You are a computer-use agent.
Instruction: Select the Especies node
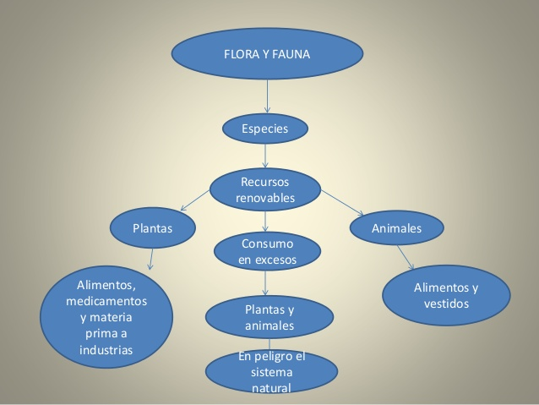(265, 129)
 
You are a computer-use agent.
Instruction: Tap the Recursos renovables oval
(265, 190)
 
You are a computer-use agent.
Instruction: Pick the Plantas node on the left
(153, 228)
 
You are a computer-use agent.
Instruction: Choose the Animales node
(396, 228)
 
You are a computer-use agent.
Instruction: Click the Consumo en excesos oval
(267, 252)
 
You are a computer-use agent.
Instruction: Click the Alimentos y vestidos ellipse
(446, 295)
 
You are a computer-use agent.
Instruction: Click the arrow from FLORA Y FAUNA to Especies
(267, 94)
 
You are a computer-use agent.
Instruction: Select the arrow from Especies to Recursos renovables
(266, 155)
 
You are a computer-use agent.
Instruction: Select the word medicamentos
(106, 301)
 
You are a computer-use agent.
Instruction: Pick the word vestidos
(446, 304)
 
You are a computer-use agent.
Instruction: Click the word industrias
(106, 349)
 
